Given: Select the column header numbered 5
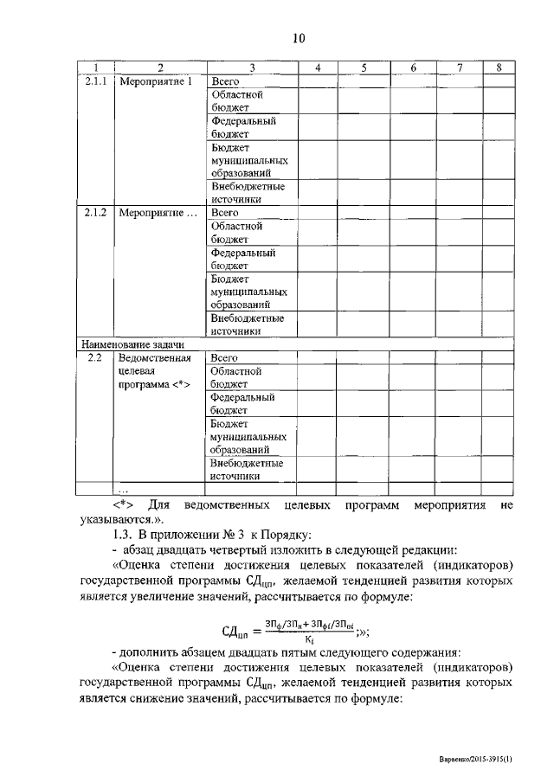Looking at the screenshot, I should pyautogui.click(x=363, y=67).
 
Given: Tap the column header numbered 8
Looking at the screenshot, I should pyautogui.click(x=499, y=67).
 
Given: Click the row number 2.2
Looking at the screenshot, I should pyautogui.click(x=96, y=356).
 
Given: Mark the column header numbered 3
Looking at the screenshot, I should pyautogui.click(x=250, y=67).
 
